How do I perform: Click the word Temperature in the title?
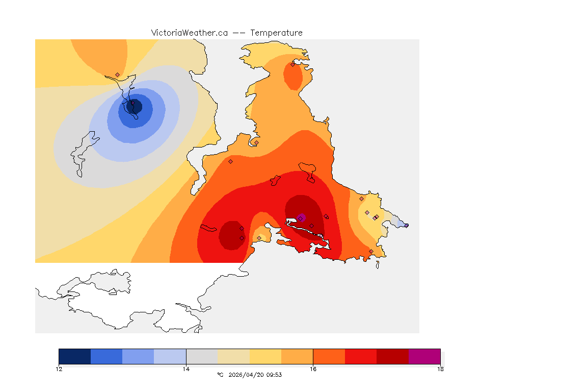[277, 33]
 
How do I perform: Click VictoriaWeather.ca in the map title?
[189, 33]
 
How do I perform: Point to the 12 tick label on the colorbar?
[59, 369]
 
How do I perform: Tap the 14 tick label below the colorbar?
[186, 369]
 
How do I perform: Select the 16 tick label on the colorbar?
[313, 369]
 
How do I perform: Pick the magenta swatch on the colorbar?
[424, 356]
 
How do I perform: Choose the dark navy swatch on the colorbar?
[75, 356]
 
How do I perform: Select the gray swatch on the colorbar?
[202, 356]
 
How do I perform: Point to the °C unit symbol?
[220, 375]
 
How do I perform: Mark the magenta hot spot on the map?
[301, 217]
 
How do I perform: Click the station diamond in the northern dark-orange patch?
[292, 64]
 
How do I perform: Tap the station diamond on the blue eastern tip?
[406, 225]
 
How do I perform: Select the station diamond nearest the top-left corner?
[117, 75]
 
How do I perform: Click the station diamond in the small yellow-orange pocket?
[259, 238]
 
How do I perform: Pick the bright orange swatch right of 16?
[329, 356]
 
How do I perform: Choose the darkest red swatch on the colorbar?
[392, 356]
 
